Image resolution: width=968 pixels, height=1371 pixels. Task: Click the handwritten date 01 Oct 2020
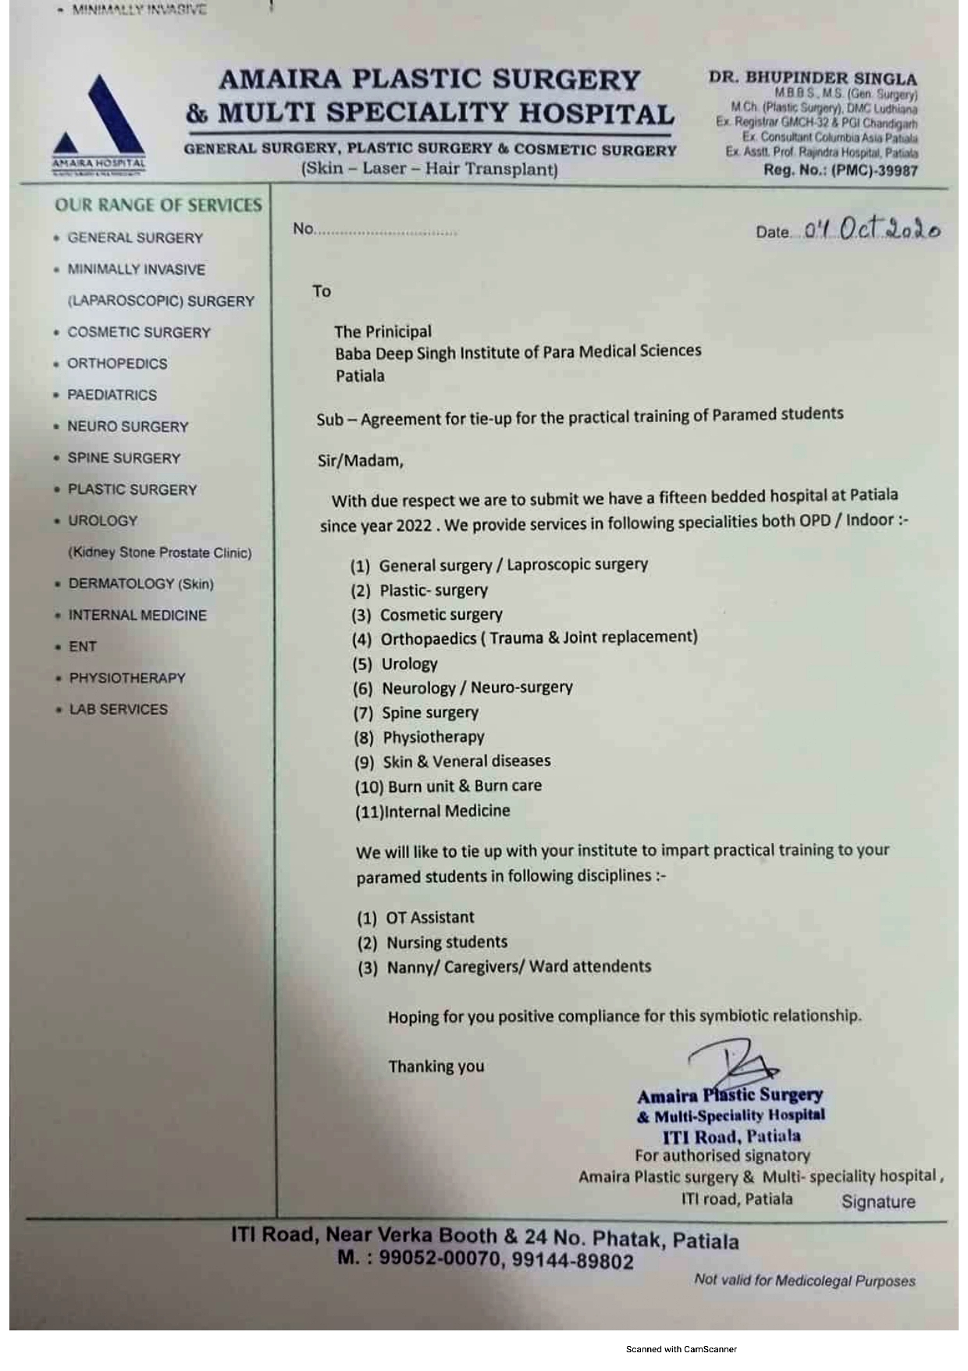872,229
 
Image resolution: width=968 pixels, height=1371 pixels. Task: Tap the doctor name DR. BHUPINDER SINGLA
813,78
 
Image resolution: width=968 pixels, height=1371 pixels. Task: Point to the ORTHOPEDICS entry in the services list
117,363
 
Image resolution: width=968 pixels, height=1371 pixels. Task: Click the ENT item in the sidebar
82,646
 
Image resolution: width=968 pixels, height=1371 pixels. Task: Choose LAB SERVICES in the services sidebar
118,709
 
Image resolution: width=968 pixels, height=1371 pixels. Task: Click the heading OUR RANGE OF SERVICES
158,205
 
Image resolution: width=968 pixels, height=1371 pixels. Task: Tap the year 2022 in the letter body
414,525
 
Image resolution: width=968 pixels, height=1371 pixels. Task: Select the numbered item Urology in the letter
409,664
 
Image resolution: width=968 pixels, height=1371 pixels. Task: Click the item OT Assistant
429,917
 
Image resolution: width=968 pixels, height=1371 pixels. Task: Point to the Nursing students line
447,942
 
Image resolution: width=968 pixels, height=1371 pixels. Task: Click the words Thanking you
436,1066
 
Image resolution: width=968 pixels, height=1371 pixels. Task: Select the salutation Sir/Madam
361,460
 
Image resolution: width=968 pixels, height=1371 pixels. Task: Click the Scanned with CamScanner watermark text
681,1349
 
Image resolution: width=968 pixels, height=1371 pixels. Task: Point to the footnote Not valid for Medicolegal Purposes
804,1280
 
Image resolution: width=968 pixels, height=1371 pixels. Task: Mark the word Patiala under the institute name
360,376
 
